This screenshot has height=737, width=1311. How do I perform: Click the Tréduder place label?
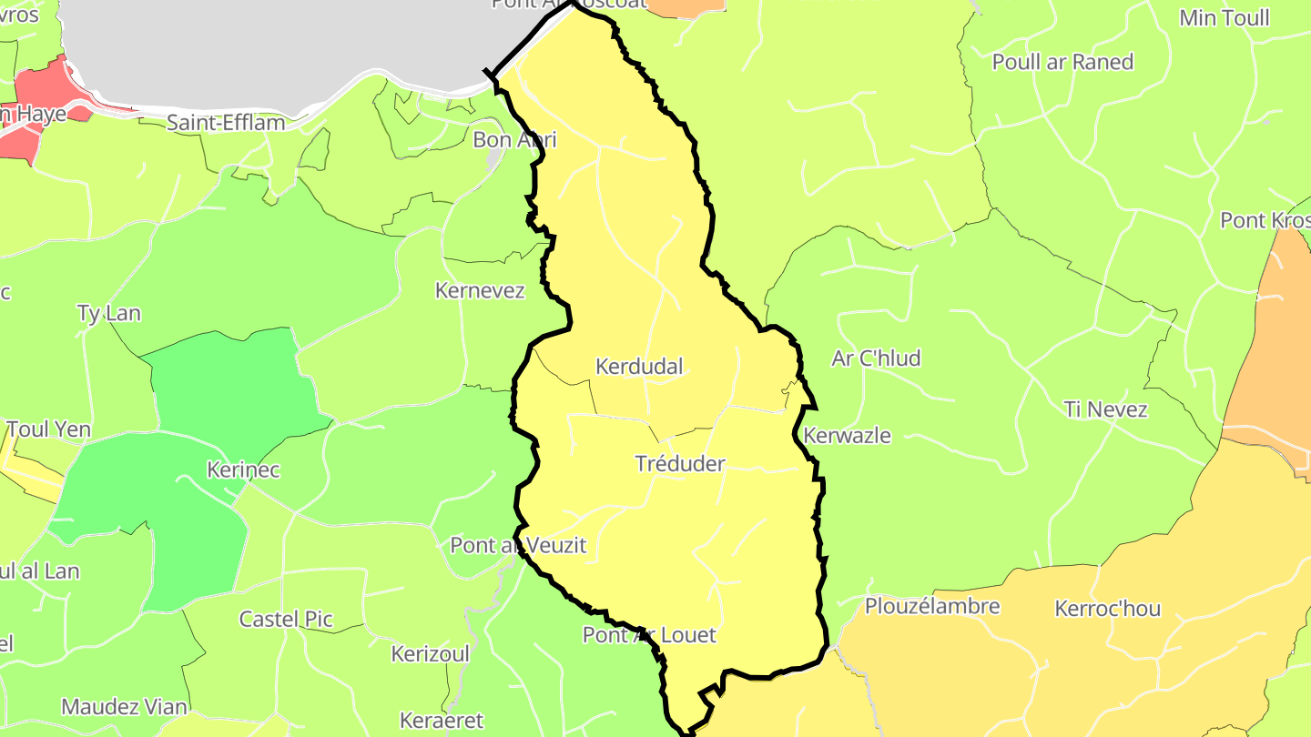(680, 464)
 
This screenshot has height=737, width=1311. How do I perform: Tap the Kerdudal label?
(639, 367)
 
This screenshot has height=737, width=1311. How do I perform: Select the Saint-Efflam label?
(227, 122)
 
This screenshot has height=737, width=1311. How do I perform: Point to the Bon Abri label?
(514, 140)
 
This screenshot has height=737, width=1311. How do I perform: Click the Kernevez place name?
(480, 291)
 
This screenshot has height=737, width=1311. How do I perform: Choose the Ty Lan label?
(109, 314)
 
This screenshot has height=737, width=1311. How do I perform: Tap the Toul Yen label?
(48, 429)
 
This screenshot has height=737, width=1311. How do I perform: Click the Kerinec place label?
(243, 470)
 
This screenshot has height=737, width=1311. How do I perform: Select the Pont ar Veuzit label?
(519, 546)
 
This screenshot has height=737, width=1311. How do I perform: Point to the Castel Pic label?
(286, 620)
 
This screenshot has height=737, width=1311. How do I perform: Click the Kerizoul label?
(431, 654)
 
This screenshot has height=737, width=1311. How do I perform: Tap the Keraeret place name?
(442, 721)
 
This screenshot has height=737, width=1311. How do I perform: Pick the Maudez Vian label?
(125, 707)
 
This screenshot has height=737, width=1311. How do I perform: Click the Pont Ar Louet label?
(649, 635)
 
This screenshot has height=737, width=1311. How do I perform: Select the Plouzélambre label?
(932, 606)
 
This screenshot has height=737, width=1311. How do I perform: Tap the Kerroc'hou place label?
(1107, 608)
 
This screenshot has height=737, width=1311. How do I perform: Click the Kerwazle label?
(847, 435)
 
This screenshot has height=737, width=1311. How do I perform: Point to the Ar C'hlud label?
(876, 358)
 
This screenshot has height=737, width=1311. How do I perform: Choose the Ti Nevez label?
(1105, 409)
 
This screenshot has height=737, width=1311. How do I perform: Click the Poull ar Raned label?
(1062, 62)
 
